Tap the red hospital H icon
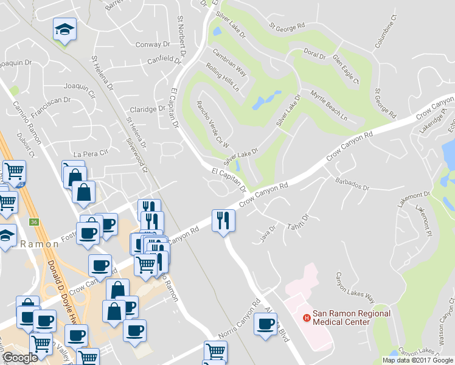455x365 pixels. click(307, 318)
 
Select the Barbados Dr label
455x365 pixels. click(352, 184)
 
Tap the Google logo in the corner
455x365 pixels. click(21, 358)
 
